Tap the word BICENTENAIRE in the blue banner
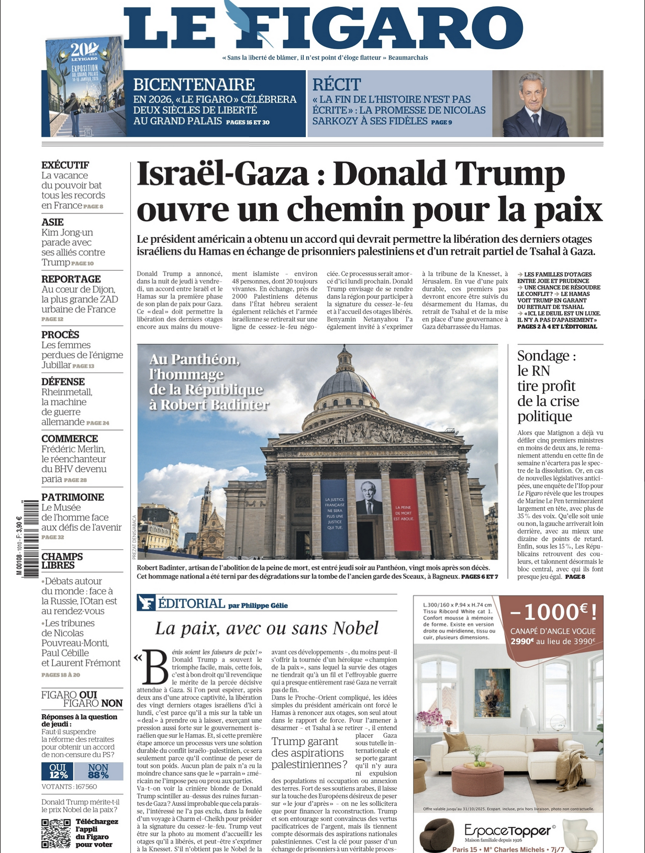coord(194,84)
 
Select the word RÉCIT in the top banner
coord(337,84)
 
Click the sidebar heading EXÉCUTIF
coord(65,165)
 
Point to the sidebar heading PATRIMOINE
coord(73,497)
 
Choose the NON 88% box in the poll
coord(98,771)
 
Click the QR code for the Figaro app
coord(56,833)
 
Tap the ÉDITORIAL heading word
coord(191,603)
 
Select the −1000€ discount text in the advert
coord(552,611)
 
